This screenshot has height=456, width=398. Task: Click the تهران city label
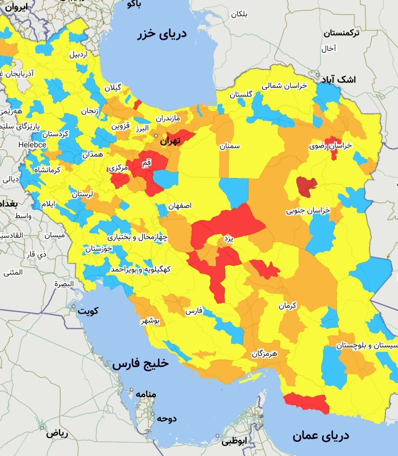tap(170, 141)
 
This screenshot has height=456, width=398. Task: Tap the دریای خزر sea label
tap(162, 34)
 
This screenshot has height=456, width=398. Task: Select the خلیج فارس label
tap(140, 364)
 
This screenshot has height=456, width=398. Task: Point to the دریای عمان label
tap(321, 436)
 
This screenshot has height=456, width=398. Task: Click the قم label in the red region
tap(146, 162)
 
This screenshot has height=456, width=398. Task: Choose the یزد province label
tap(228, 239)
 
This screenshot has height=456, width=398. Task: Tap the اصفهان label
tap(180, 206)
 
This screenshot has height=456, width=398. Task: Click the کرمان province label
tap(287, 306)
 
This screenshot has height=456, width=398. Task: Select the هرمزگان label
tap(265, 354)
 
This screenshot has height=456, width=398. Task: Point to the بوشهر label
tap(150, 321)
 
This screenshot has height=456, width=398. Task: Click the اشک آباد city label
tap(338, 79)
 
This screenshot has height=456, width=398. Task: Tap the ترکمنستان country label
tap(342, 33)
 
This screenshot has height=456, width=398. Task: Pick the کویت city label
tap(88, 311)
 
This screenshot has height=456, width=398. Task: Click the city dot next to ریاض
tap(42, 428)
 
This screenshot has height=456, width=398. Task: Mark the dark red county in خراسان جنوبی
tap(306, 186)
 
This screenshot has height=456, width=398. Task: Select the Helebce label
tap(32, 145)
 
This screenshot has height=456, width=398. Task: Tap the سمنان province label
tap(230, 146)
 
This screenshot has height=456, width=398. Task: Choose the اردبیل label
tap(79, 55)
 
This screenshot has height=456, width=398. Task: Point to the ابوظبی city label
tap(234, 441)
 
